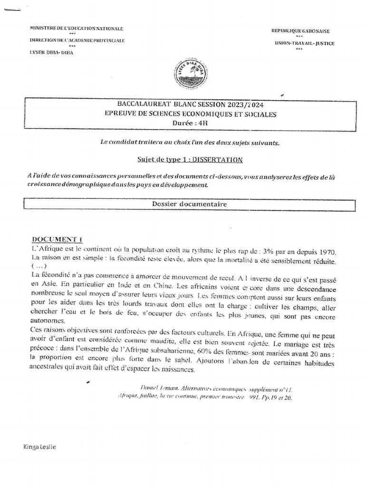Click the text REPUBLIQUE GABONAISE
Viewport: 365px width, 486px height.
click(x=300, y=31)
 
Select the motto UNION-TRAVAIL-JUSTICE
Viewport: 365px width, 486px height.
click(x=304, y=43)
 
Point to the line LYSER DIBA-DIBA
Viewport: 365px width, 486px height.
click(x=52, y=53)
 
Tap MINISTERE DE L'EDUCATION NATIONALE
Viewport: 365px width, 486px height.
click(x=76, y=28)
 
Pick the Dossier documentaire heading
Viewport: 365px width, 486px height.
click(x=190, y=204)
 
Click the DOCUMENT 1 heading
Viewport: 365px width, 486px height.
click(x=57, y=240)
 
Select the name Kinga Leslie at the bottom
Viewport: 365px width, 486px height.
click(x=39, y=447)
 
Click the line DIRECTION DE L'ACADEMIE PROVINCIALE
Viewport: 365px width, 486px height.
click(x=77, y=41)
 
